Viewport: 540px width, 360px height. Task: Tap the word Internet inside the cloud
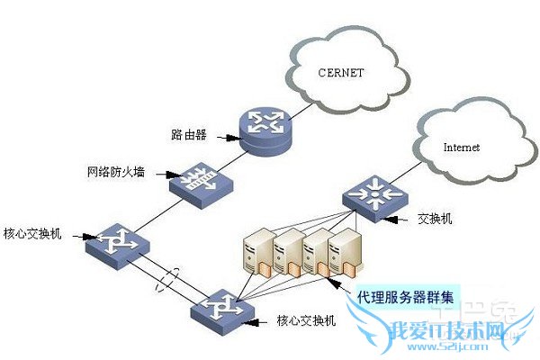click(462, 146)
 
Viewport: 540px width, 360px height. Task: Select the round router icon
click(265, 126)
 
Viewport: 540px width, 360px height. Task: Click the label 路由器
click(189, 135)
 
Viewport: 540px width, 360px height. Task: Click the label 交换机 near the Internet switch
click(436, 219)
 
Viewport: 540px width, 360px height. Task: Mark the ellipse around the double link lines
click(166, 278)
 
